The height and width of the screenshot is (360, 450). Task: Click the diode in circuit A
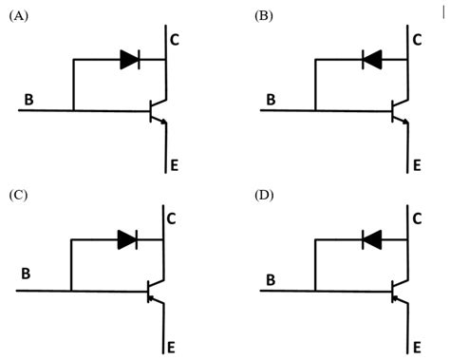point(130,60)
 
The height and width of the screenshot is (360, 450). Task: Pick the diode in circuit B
point(372,60)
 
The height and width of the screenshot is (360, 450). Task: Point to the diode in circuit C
point(128,241)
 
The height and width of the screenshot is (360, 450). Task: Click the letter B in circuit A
point(29,98)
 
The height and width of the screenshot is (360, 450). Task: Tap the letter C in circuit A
point(175,40)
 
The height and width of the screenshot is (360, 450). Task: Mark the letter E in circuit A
point(174,165)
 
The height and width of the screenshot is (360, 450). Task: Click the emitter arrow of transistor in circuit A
point(163,122)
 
